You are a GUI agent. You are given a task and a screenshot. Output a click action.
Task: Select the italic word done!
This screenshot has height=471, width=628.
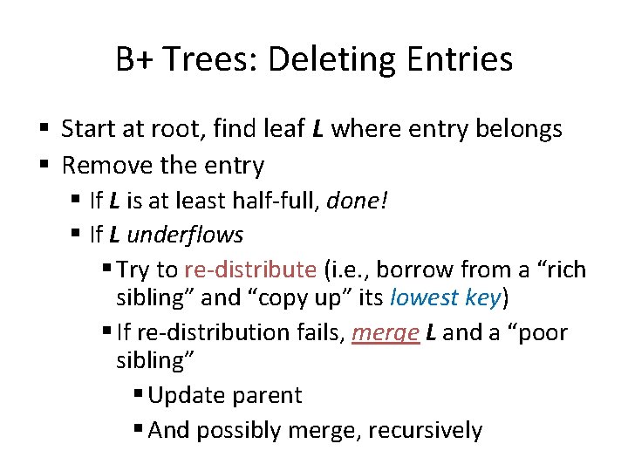pos(358,201)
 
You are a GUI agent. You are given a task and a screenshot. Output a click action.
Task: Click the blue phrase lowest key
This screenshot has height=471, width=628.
pos(446,297)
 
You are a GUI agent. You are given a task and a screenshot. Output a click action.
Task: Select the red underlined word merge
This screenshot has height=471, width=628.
pos(385,332)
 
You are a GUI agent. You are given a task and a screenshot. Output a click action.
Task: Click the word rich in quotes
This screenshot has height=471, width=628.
pos(561,270)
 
